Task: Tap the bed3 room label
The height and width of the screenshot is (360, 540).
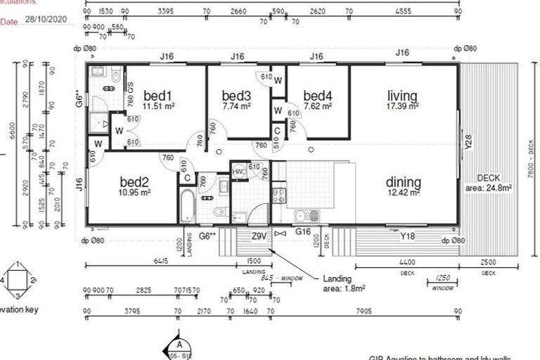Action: [x=236, y=96]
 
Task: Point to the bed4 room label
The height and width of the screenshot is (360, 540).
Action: [x=318, y=96]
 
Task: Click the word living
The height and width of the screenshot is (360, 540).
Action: [x=402, y=96]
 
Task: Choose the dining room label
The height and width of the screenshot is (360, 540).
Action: [x=403, y=181]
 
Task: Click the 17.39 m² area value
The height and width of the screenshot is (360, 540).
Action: [x=403, y=106]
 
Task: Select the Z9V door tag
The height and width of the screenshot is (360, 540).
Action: [x=259, y=237]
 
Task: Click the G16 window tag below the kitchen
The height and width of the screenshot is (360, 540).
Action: [x=303, y=231]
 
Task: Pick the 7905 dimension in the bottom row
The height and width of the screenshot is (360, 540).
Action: [x=364, y=310]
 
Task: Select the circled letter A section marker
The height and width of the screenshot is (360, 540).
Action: [x=180, y=345]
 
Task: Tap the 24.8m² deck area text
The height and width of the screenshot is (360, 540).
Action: [x=488, y=188]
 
